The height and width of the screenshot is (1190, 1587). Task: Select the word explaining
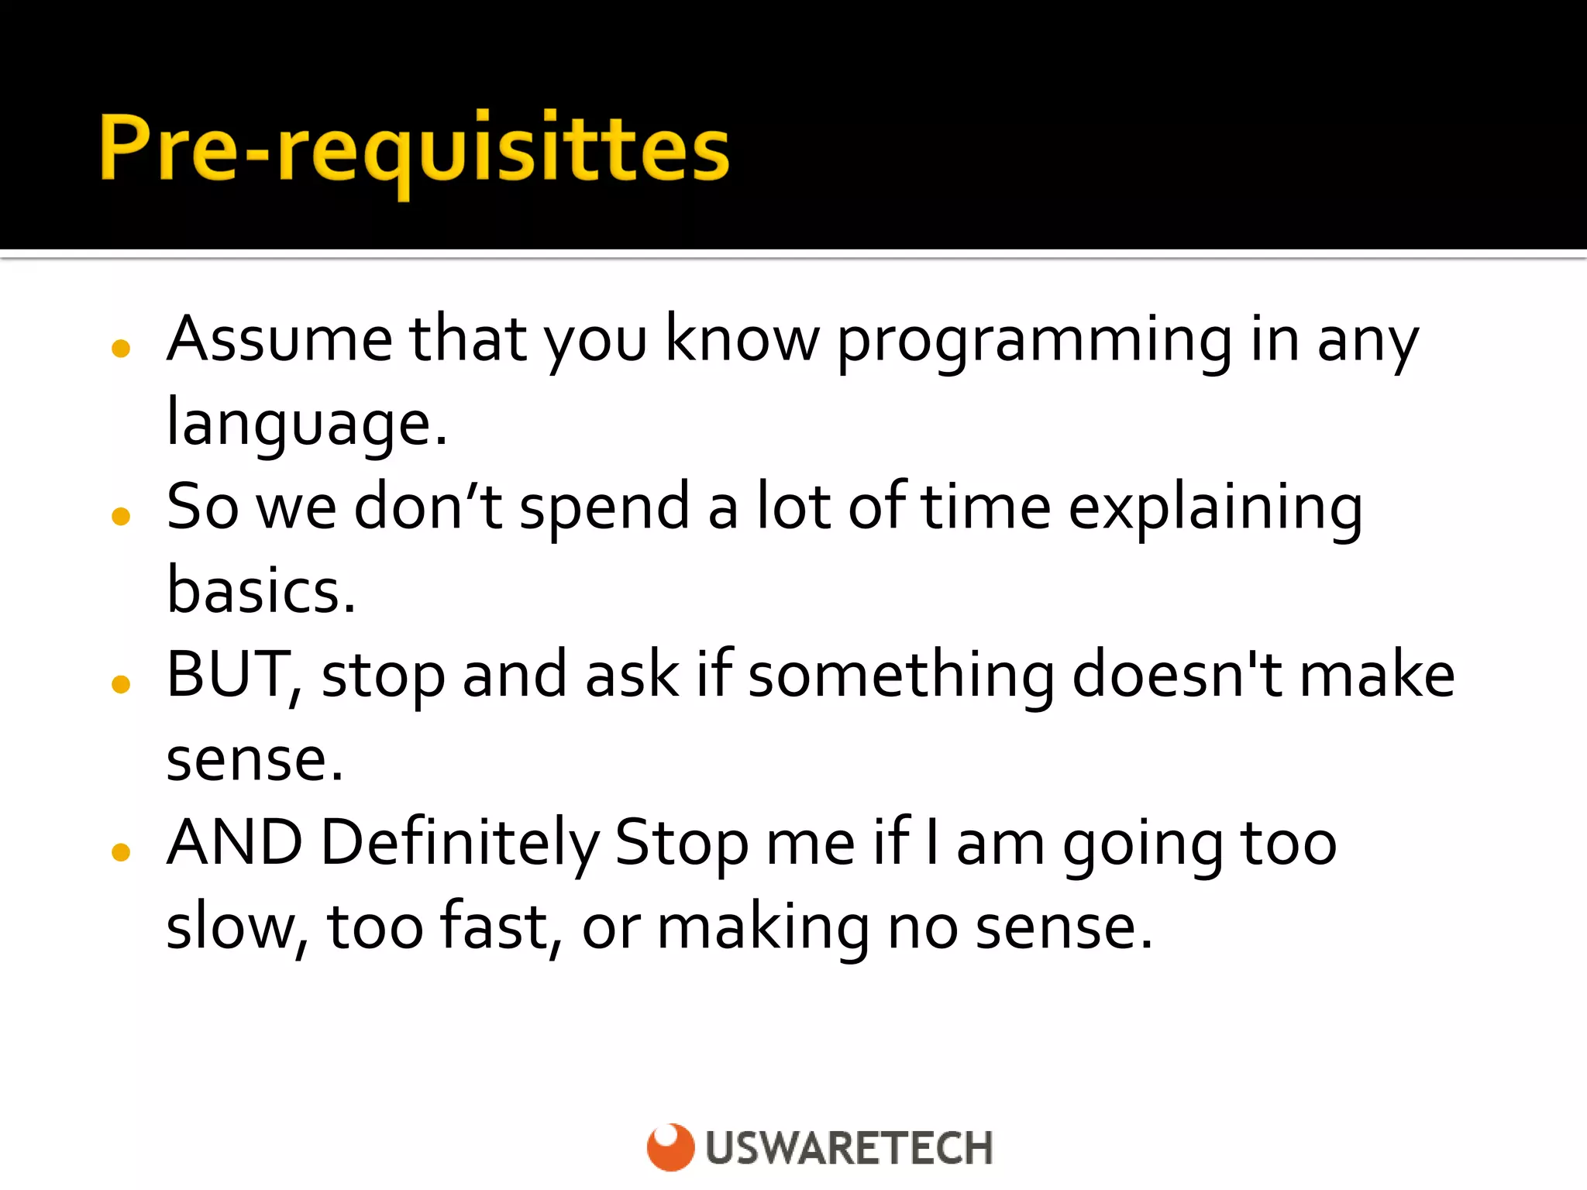point(1214,509)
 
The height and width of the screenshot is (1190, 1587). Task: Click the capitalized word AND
point(235,843)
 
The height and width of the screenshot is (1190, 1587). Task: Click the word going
point(1143,846)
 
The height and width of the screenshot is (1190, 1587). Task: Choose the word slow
point(236,927)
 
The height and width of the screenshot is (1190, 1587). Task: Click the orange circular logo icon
point(670,1147)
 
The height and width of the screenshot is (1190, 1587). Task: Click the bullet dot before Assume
point(121,348)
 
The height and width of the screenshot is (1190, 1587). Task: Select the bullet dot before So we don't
point(121,515)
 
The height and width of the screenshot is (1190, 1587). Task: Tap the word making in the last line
point(763,928)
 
